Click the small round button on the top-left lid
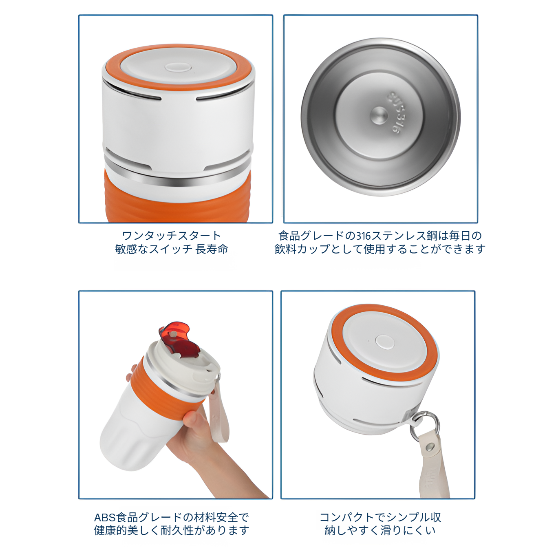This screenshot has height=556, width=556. click(x=178, y=68)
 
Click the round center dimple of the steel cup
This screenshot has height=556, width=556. click(x=379, y=115)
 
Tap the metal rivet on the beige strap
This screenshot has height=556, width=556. click(x=431, y=447)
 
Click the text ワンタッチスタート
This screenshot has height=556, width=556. click(x=171, y=236)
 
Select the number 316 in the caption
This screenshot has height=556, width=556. click(x=363, y=236)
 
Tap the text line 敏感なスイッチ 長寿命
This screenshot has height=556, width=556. click(x=171, y=249)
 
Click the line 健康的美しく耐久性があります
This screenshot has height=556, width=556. click(x=171, y=530)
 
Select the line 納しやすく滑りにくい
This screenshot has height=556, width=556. click(x=380, y=530)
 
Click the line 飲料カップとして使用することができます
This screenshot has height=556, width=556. click(x=380, y=249)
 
